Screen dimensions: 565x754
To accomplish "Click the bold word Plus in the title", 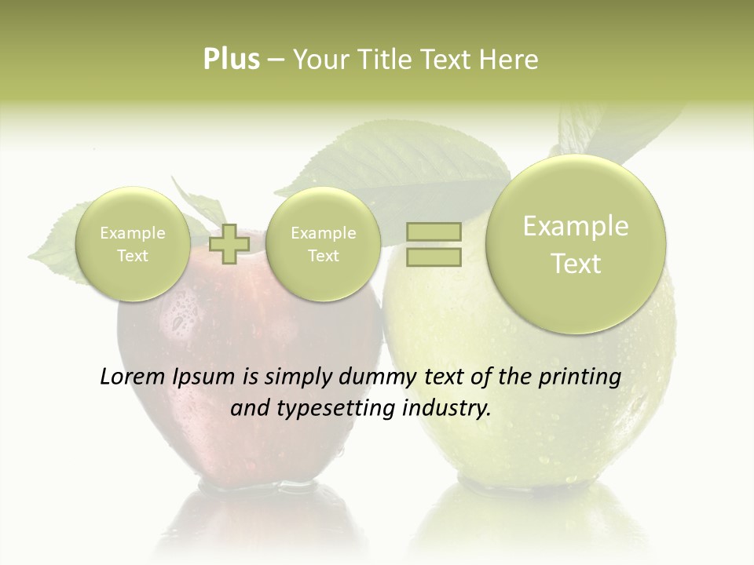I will click(231, 60).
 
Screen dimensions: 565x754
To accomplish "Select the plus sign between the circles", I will click(229, 244).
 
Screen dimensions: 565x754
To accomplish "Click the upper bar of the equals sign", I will click(434, 231).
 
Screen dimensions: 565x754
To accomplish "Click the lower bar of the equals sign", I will click(434, 257).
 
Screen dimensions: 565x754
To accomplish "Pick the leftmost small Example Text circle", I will click(133, 244).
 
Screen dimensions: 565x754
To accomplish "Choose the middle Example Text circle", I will click(323, 244).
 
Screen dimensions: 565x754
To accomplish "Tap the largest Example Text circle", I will click(576, 244).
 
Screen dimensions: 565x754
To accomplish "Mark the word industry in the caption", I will click(445, 409).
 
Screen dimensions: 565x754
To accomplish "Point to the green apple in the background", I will click(550, 408).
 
